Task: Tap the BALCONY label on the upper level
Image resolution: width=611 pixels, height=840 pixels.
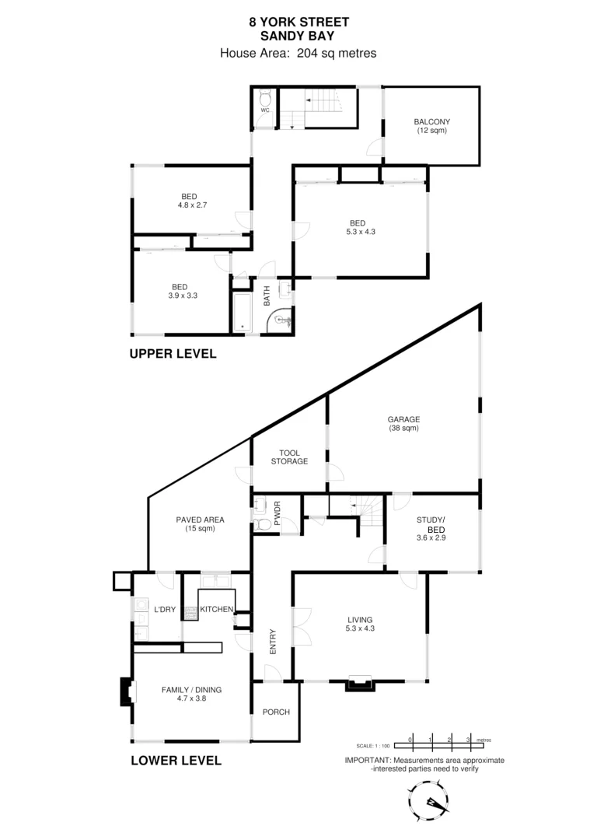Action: coord(432,126)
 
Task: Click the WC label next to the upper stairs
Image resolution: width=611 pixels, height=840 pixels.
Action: coord(264,110)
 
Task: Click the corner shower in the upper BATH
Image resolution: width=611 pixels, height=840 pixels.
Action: coord(281,321)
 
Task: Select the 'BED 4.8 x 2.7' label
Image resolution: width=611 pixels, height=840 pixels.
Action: coord(189,201)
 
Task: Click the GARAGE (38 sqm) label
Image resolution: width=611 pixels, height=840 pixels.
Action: coord(403,424)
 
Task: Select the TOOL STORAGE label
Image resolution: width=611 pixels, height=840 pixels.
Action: coord(288,457)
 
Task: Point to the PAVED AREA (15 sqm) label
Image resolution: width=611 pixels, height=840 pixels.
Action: coord(200,523)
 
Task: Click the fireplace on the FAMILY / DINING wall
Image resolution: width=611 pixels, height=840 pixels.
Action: coord(124,691)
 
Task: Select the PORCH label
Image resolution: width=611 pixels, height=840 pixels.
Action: coord(275,712)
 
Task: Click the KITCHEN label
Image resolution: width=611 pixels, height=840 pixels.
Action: coord(215,609)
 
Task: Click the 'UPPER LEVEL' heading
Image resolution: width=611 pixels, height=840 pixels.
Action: coord(173,354)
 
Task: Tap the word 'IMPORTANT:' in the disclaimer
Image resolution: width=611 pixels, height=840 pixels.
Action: coord(368,760)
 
